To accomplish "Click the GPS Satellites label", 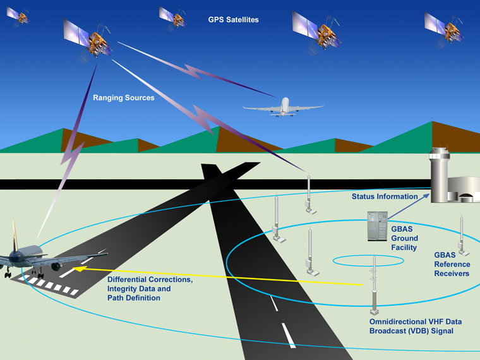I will [x=233, y=20].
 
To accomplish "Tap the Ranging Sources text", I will [x=123, y=98].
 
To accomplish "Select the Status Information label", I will [x=385, y=196].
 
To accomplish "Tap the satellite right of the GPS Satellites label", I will [x=319, y=29].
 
